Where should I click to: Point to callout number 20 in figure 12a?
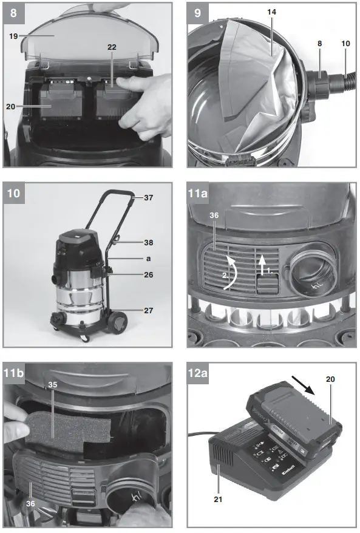point(331,378)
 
